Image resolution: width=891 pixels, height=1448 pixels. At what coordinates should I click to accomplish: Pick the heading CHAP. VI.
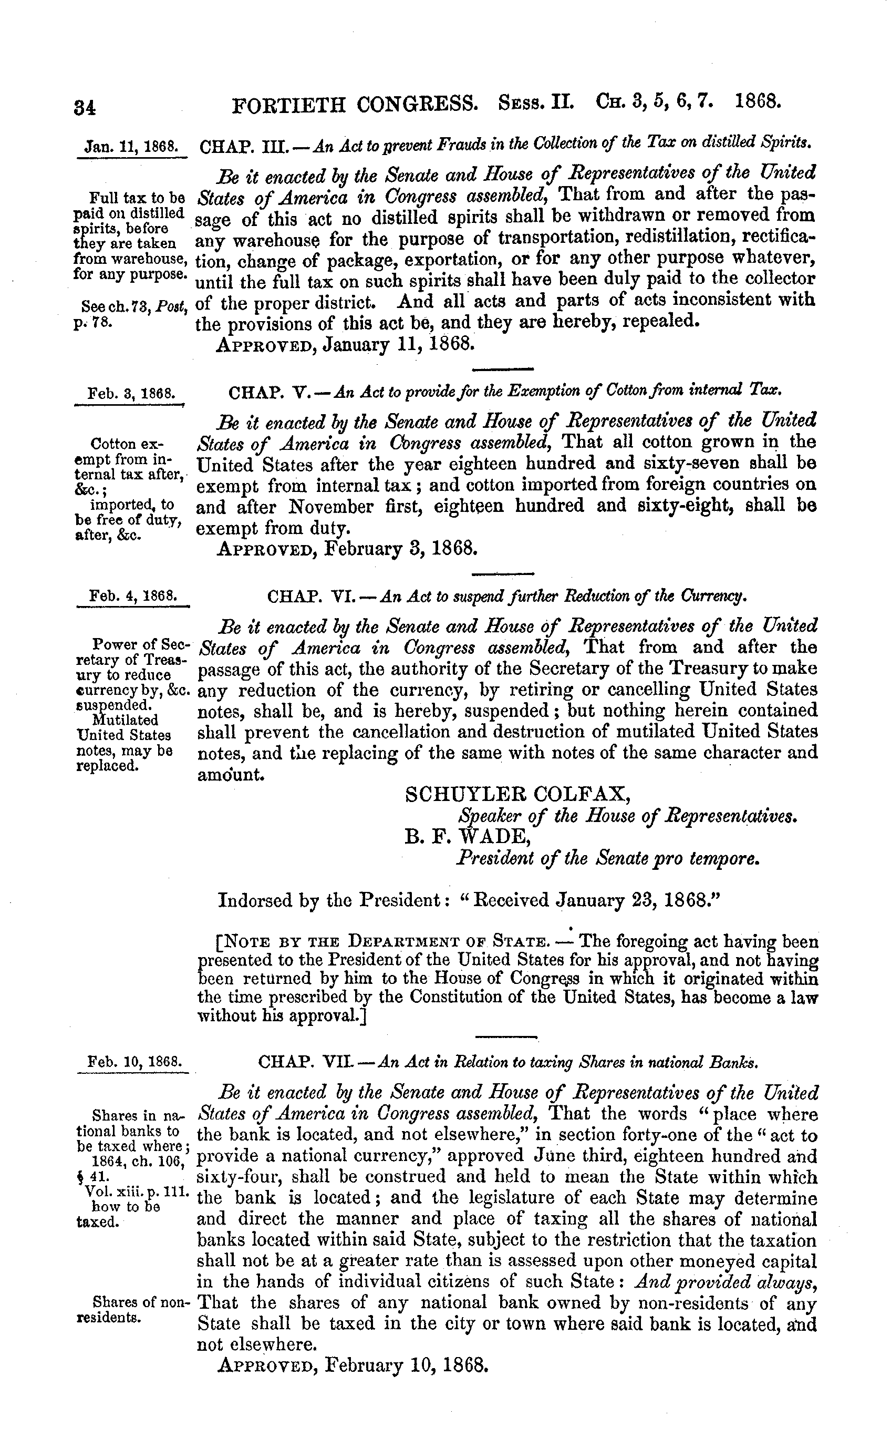(310, 597)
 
